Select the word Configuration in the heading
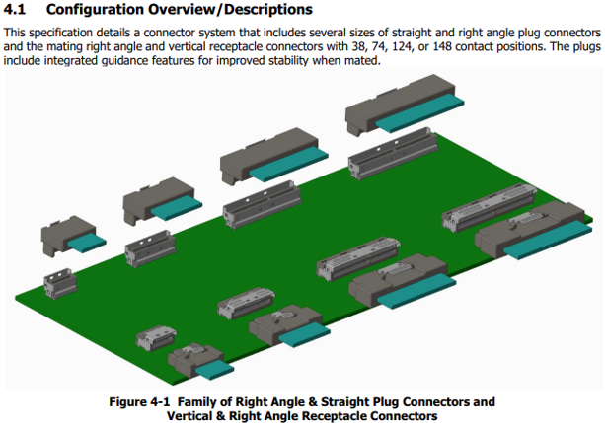97,10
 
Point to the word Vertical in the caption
177,416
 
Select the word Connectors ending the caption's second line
406,416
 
